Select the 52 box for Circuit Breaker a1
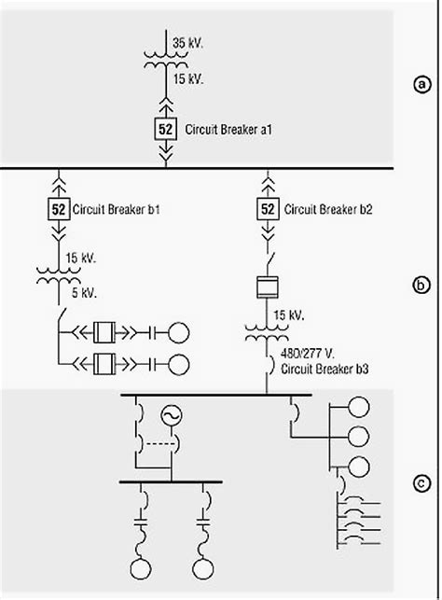click(x=164, y=129)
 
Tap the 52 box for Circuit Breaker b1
click(x=59, y=208)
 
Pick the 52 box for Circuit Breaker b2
click(x=268, y=208)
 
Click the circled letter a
click(x=422, y=84)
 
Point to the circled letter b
click(x=422, y=286)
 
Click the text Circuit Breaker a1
click(x=228, y=129)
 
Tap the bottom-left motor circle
click(x=142, y=568)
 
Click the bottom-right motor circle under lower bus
click(x=201, y=568)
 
